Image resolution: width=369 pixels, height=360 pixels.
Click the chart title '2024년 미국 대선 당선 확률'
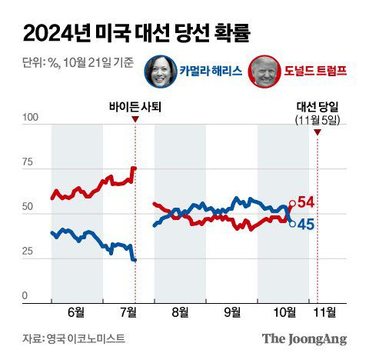pos(136,33)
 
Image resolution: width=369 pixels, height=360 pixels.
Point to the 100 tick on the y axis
pos(31,118)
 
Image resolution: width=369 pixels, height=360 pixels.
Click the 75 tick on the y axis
pos(31,162)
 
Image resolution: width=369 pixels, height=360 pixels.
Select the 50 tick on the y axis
pos(31,207)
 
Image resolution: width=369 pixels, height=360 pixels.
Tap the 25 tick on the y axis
pos(31,252)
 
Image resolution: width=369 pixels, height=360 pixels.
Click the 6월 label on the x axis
pos(77,312)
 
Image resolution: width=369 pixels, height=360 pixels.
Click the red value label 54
pos(306,202)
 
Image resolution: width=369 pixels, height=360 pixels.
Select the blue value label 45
pos(306,225)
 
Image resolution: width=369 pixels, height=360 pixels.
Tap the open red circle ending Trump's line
pos(292,204)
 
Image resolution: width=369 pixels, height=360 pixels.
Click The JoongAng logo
pos(304,338)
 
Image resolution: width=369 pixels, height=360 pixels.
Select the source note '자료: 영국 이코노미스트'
pos(73,338)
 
